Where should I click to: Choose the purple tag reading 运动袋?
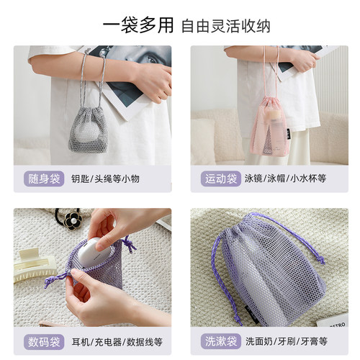click(218, 179)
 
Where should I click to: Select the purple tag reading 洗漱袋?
click(218, 340)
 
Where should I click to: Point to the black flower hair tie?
click(72, 217)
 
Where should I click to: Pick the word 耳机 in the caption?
click(80, 340)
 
